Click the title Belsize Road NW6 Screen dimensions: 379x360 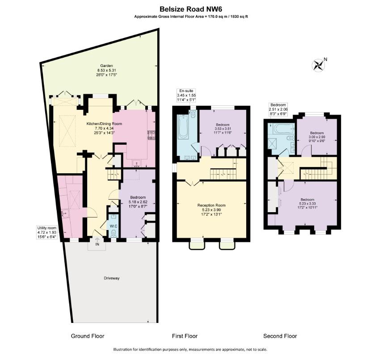191,9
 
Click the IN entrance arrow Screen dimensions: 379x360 97,240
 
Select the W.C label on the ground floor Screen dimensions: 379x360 114,226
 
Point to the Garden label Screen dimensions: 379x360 106,66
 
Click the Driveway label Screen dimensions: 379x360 112,278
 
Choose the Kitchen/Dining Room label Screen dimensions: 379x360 104,124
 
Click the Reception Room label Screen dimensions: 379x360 211,205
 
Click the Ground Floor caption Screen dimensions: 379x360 88,336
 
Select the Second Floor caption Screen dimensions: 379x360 280,336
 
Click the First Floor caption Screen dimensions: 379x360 185,336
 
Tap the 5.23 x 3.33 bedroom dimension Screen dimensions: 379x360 307,203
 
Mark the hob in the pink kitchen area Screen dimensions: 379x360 152,136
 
